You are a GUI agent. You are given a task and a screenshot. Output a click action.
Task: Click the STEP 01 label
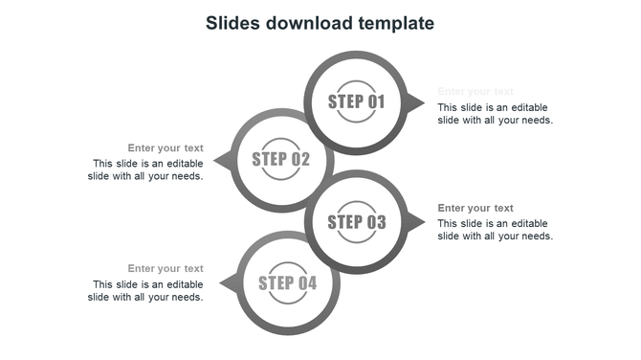tap(356, 101)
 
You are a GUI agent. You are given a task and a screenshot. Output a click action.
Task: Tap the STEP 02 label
tap(281, 159)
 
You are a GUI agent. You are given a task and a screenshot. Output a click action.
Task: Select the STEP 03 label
tap(356, 222)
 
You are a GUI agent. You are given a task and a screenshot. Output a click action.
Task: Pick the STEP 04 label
tap(287, 282)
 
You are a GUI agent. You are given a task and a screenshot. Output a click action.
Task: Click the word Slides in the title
tap(234, 22)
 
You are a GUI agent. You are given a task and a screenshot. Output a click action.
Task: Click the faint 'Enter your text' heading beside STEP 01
tap(475, 92)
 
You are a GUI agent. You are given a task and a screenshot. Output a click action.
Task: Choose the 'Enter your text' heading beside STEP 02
tap(166, 147)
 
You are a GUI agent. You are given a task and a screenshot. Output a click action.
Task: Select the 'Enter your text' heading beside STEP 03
tap(475, 208)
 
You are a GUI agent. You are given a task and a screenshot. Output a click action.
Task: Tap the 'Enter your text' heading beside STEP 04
tap(166, 268)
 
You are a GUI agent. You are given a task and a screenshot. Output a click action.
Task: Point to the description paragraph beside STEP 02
tap(145, 169)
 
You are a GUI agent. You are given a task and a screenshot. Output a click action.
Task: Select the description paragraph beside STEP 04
tap(145, 290)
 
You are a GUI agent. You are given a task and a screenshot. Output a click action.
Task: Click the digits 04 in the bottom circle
tap(306, 282)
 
